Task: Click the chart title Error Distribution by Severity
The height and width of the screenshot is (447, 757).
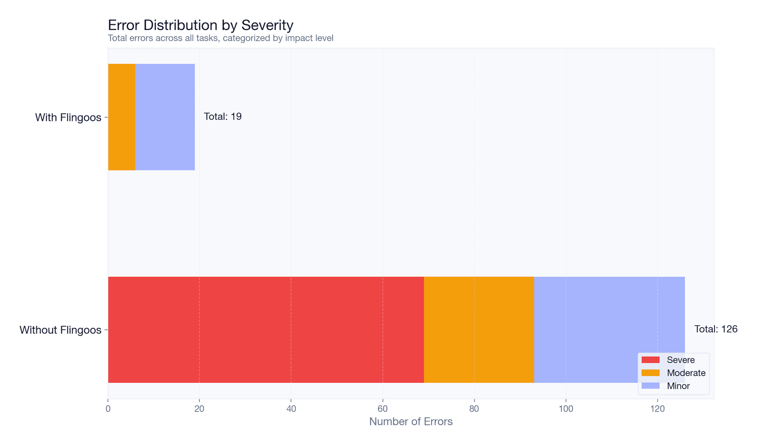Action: [x=200, y=25]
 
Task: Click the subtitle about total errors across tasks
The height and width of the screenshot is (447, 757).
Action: [x=220, y=38]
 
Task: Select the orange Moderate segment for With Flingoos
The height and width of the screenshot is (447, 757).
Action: [x=121, y=117]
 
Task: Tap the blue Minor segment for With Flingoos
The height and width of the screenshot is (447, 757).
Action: [x=165, y=117]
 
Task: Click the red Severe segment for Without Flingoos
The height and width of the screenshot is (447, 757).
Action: [x=266, y=330]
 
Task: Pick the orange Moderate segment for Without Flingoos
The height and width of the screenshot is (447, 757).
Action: [x=479, y=330]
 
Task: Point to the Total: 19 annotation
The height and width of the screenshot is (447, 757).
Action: [x=222, y=117]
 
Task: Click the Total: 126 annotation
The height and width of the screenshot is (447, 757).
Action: [x=715, y=329]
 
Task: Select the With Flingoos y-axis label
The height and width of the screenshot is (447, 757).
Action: [x=68, y=117]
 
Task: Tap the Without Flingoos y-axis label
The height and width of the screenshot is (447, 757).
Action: [x=60, y=330]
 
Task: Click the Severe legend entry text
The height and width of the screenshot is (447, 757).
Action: [x=681, y=360]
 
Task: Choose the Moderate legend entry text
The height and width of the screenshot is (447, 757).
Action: [x=686, y=373]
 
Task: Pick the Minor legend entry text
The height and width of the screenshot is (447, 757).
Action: [x=678, y=386]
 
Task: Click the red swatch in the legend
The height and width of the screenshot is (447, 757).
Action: [x=651, y=360]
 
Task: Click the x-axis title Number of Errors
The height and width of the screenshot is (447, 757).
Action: [x=410, y=422]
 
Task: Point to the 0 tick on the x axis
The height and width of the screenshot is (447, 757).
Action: [x=108, y=409]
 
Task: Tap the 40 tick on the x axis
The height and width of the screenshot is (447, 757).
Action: [x=291, y=409]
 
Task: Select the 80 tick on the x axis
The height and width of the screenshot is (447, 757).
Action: [x=474, y=409]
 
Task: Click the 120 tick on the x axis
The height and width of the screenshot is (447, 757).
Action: [x=657, y=409]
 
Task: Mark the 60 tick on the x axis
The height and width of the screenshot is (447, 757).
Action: [x=382, y=409]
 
